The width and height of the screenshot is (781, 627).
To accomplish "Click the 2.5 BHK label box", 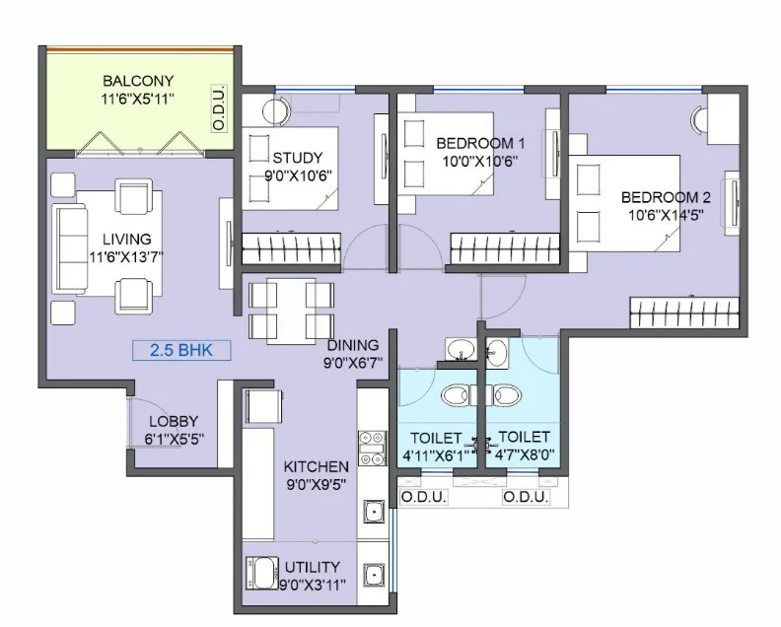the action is (x=181, y=350).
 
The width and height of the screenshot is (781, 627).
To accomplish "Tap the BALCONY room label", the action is (x=138, y=81).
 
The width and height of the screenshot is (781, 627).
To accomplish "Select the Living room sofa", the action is (x=70, y=251).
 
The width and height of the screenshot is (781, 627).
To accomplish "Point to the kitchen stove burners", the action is (x=372, y=449).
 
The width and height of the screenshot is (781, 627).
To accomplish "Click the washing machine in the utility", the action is (x=262, y=573).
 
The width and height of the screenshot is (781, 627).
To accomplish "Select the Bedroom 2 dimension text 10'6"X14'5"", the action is (x=666, y=215).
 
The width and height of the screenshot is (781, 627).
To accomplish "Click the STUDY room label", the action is (x=298, y=158).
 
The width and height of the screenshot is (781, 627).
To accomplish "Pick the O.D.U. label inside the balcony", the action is (x=219, y=109).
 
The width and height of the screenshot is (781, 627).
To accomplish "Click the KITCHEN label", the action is (x=316, y=466).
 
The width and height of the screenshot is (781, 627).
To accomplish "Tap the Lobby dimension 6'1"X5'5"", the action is (x=175, y=440).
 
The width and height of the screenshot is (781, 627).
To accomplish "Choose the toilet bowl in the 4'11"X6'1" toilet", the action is (x=456, y=395).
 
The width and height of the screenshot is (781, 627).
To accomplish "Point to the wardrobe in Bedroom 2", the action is (x=684, y=313).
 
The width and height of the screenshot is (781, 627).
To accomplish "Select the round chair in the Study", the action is (x=275, y=111).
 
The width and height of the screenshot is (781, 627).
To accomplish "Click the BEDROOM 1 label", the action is (x=480, y=143).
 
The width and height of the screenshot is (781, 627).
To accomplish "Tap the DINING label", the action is (x=353, y=345).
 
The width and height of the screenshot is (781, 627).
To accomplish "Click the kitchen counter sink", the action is (x=374, y=511).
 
